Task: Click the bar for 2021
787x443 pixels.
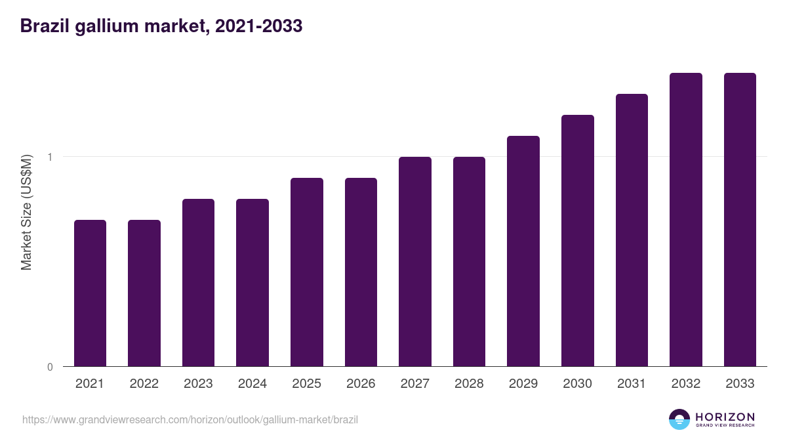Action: tap(90, 293)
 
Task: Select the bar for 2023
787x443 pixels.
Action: tap(198, 282)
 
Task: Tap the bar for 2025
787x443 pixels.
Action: tap(307, 272)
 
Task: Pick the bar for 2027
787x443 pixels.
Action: tap(415, 261)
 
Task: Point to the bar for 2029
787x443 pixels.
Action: tap(523, 251)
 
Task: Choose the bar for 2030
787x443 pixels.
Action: tap(578, 240)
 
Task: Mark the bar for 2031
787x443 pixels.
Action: tap(632, 230)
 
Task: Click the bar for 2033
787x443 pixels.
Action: tap(740, 219)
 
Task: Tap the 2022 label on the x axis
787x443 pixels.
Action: tap(144, 384)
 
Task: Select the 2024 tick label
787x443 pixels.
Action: tap(252, 384)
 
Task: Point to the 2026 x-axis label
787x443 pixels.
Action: tap(361, 384)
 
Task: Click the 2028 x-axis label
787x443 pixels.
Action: tap(469, 384)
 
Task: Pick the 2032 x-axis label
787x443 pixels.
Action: tap(686, 384)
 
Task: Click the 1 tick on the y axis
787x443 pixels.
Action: tap(49, 157)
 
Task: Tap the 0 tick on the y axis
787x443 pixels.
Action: tap(49, 367)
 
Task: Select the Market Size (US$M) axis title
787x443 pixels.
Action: tap(26, 212)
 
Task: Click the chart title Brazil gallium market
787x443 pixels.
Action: tap(161, 26)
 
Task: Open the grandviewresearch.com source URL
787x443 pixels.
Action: tap(190, 419)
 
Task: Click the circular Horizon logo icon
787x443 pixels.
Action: tap(679, 419)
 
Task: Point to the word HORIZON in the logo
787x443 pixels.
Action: tap(725, 417)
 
